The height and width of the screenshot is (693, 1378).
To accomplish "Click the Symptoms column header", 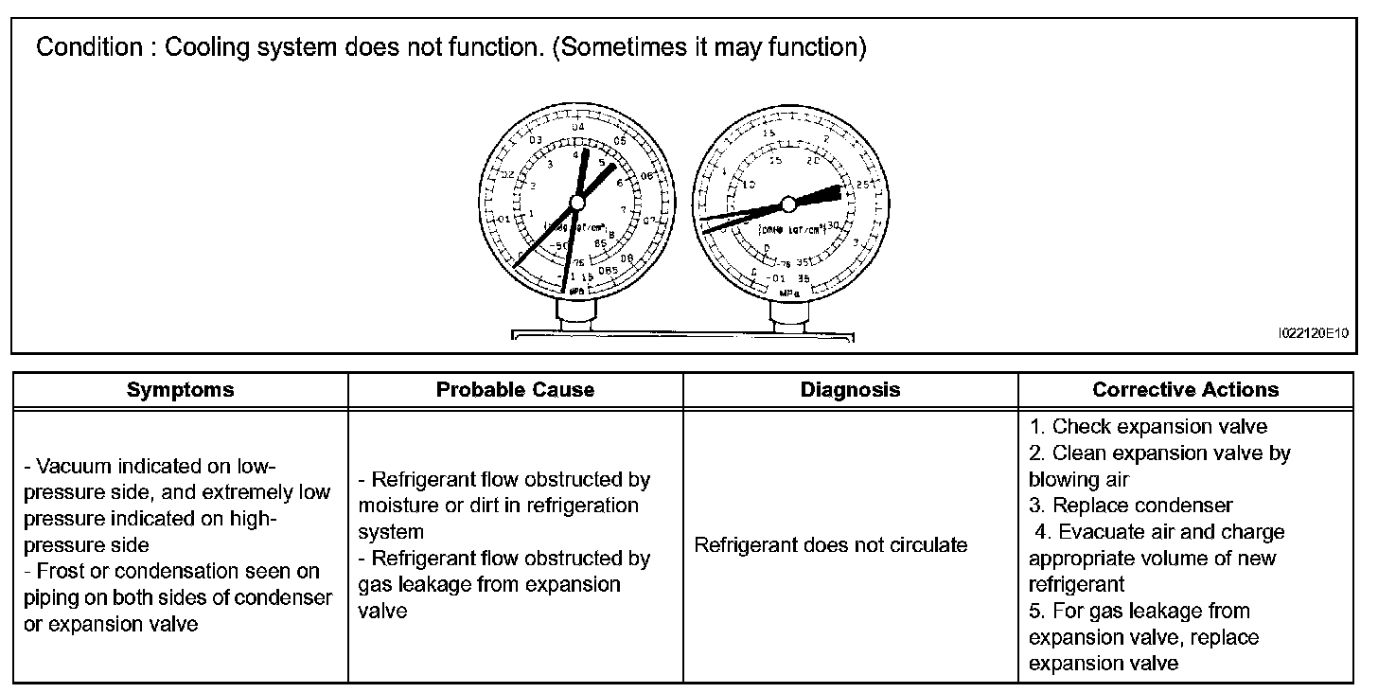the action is click(x=180, y=390).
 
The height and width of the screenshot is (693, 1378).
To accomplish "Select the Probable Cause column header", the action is click(x=515, y=390).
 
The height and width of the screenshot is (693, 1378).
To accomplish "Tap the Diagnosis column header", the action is click(x=850, y=390).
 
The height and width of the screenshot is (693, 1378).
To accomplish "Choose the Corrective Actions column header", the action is click(x=1185, y=390).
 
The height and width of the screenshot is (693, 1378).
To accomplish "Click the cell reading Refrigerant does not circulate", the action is click(x=831, y=544).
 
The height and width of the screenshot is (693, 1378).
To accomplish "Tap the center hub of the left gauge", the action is click(x=575, y=204).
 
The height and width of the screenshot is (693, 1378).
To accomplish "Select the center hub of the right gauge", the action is click(x=788, y=204).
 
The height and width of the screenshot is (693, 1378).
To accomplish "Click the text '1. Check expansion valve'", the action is click(x=1148, y=426).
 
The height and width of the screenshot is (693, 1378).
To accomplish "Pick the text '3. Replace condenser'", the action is click(x=1131, y=506).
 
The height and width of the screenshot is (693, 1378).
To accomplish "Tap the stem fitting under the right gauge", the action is click(x=787, y=318).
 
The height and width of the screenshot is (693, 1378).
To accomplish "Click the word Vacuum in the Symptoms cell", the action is click(x=71, y=466).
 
